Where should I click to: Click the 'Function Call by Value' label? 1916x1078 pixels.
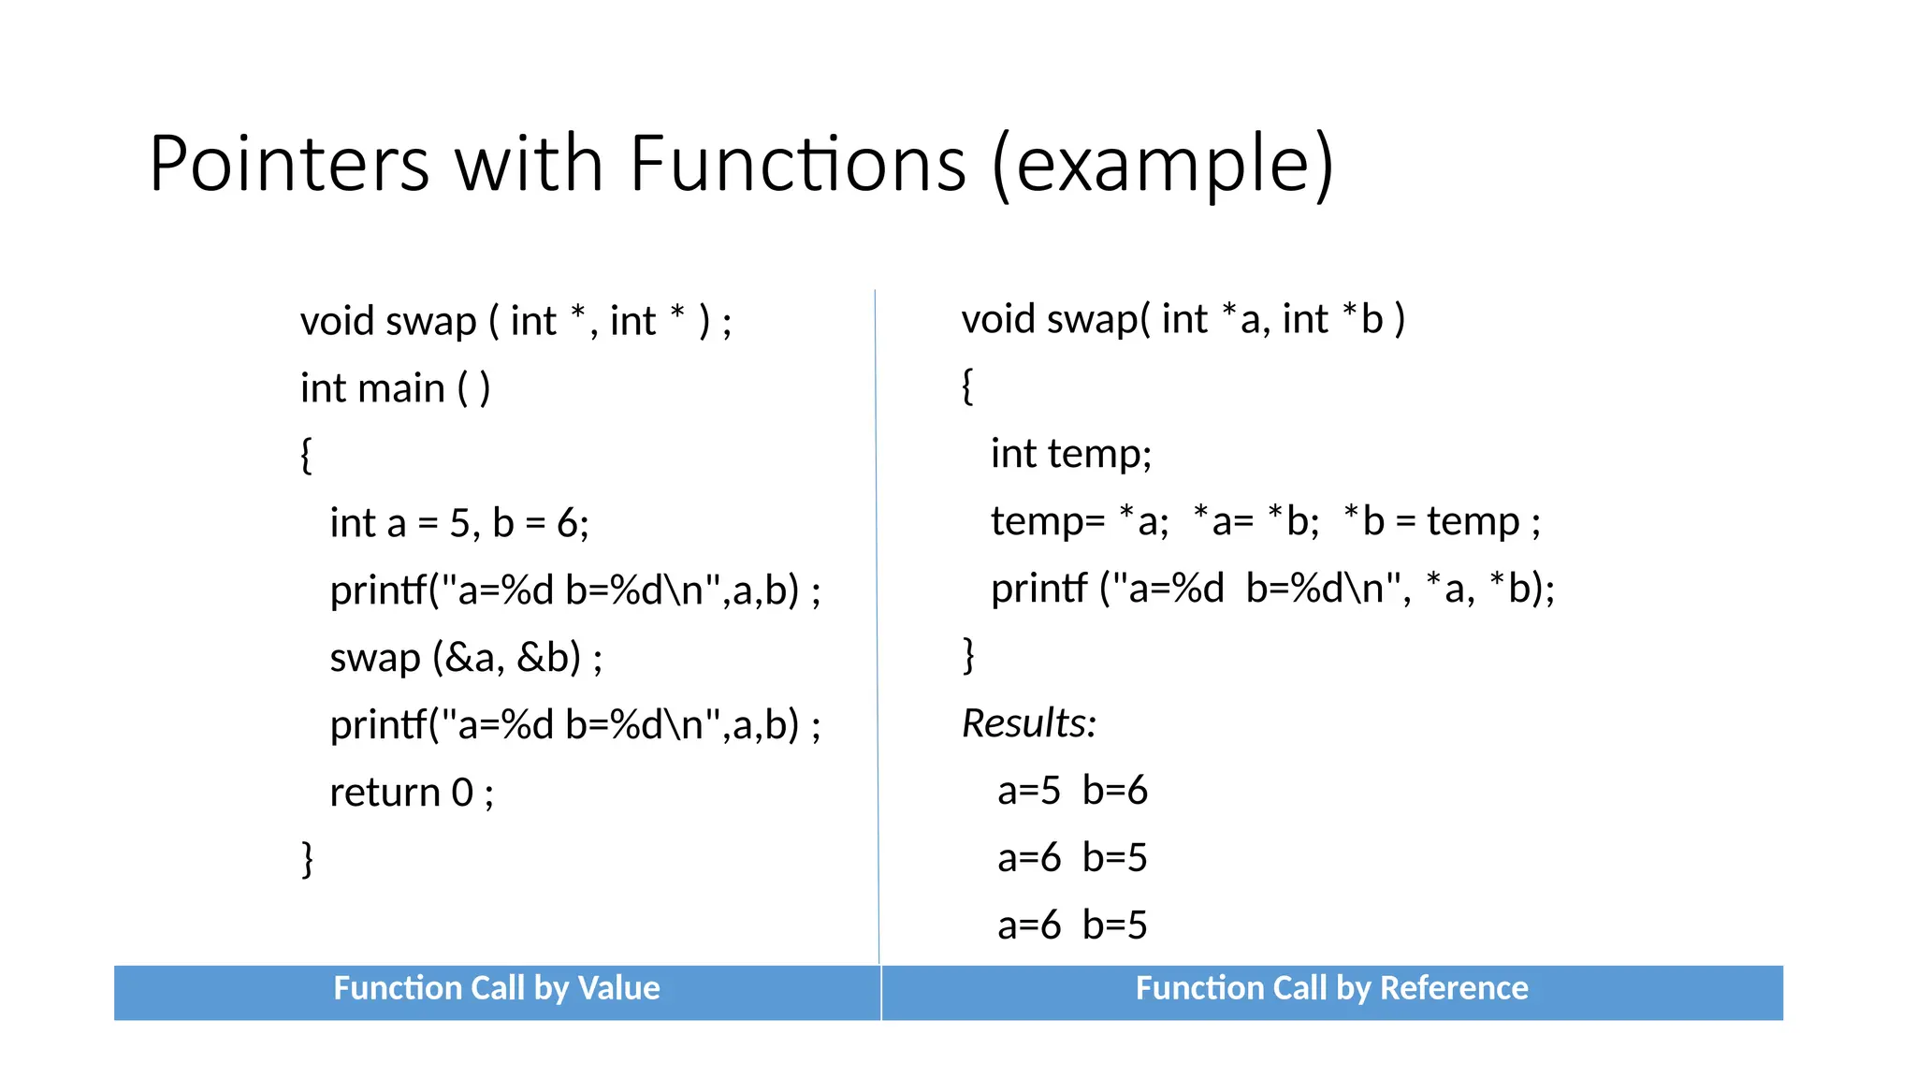click(x=497, y=988)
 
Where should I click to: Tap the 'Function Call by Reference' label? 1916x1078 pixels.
click(x=1331, y=988)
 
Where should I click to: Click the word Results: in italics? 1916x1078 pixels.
click(x=1029, y=723)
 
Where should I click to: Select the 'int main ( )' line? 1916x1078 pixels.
click(x=395, y=388)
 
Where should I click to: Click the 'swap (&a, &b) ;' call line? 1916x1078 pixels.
click(x=466, y=658)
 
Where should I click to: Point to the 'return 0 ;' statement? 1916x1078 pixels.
click(x=412, y=793)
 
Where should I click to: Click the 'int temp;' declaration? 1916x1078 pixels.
click(x=1071, y=454)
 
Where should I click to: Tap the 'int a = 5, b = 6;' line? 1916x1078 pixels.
click(x=459, y=523)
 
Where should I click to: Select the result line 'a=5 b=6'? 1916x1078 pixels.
click(x=1072, y=791)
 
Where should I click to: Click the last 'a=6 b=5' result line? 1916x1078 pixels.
click(x=1072, y=925)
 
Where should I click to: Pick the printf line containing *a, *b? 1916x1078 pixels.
click(x=1272, y=589)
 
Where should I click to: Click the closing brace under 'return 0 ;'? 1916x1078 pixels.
click(x=307, y=859)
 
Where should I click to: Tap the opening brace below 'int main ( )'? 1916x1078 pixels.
click(x=306, y=456)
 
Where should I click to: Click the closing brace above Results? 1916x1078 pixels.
click(x=968, y=655)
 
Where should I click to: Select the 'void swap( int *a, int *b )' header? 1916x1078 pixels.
click(x=1183, y=319)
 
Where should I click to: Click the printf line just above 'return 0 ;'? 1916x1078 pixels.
click(x=575, y=725)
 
